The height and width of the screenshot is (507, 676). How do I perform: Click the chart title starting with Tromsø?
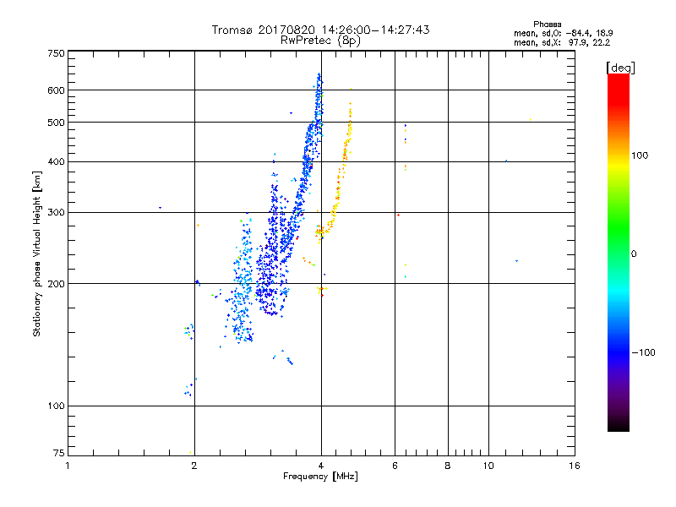pos(321,30)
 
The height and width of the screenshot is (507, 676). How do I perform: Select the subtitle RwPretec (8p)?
pos(321,40)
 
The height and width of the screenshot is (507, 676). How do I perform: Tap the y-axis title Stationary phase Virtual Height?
pos(37,253)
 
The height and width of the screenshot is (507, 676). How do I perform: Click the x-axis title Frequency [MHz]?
pos(320,477)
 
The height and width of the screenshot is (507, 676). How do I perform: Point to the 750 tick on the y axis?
pos(55,53)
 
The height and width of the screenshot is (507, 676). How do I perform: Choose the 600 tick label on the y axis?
pos(55,90)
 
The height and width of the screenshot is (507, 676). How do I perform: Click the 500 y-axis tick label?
pos(55,122)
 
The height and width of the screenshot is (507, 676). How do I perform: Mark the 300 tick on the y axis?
pos(55,212)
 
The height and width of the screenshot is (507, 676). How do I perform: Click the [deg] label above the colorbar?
pos(621,67)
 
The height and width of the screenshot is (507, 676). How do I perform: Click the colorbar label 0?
pos(636,253)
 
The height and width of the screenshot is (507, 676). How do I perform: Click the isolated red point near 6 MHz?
pos(398,215)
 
